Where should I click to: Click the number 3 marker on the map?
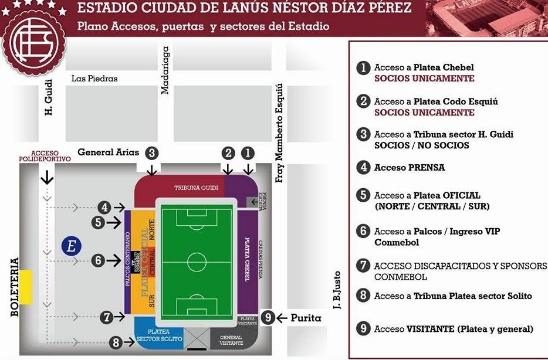tap(152, 154)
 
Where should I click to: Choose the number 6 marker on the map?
tap(98, 260)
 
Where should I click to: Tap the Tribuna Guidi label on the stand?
tap(197, 188)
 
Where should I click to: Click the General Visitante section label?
tap(231, 341)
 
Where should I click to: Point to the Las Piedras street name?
tap(94, 79)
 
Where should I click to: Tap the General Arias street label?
tap(109, 152)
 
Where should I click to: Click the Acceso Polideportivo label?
tap(45, 155)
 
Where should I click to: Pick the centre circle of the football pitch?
tap(197, 261)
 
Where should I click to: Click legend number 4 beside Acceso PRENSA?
tap(364, 167)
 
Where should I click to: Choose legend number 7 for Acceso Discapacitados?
tap(364, 266)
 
